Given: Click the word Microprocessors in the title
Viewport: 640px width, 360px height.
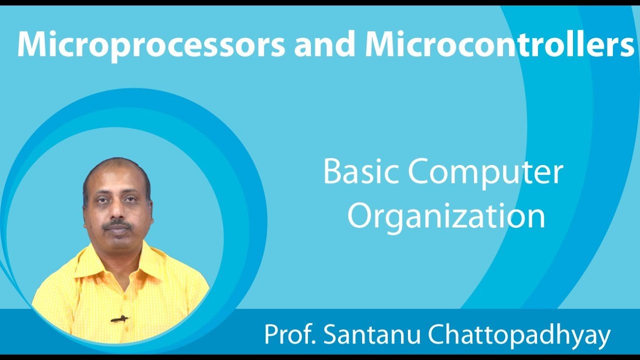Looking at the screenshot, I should [150, 44].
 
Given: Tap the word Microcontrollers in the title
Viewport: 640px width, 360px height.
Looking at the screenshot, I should [499, 44].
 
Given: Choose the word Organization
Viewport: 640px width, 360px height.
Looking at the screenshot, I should [446, 216].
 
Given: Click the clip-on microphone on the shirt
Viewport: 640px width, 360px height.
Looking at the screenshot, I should [119, 318].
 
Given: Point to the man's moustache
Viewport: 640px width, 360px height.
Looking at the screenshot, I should [118, 225].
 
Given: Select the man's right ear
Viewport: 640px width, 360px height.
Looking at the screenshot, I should [85, 210].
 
